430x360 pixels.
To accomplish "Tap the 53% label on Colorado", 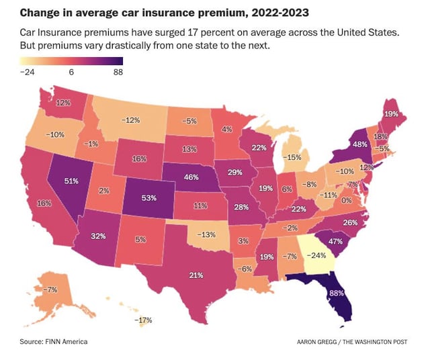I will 150,199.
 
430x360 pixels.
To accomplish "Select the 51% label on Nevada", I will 71,181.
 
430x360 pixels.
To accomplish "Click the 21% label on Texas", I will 196,275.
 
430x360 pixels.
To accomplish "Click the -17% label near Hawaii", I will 143,320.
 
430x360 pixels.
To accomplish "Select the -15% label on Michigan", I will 292,157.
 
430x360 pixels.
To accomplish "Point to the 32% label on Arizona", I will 99,236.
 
